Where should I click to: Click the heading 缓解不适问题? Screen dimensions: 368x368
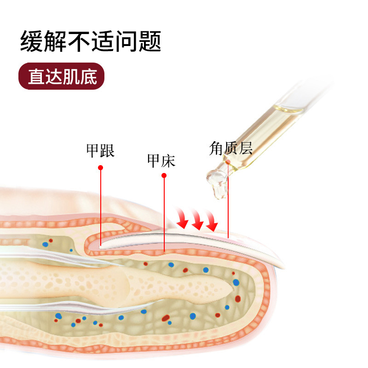(91, 41)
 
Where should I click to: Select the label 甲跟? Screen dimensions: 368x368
(100, 150)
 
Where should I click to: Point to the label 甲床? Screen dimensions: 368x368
(161, 161)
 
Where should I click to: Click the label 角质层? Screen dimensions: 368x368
(231, 148)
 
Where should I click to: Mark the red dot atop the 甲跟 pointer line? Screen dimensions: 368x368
(101, 168)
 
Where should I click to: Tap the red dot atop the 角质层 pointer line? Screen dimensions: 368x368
(228, 162)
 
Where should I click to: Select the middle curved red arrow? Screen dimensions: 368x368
(197, 221)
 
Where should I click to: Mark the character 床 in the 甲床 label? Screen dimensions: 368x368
(168, 161)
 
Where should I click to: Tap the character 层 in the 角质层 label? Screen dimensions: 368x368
(245, 148)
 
